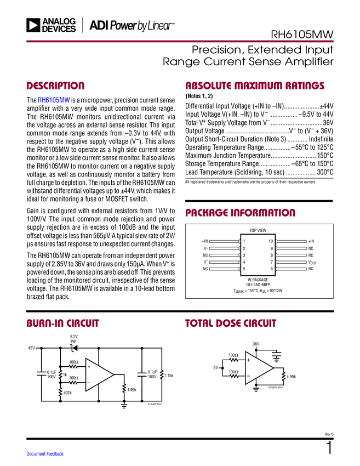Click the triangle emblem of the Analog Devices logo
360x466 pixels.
(33, 25)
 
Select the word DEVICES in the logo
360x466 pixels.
(59, 29)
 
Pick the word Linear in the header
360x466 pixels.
(158, 25)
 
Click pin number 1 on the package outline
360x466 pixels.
(244, 241)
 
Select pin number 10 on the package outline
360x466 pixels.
(271, 241)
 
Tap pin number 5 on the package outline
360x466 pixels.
(244, 269)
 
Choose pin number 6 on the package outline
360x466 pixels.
(272, 269)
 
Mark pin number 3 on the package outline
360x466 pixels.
(244, 255)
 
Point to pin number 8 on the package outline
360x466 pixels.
(272, 255)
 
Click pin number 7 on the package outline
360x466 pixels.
(272, 262)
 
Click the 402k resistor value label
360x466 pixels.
(67, 393)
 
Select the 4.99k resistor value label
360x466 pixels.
(132, 390)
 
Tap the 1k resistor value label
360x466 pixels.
(65, 374)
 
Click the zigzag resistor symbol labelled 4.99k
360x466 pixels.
(124, 389)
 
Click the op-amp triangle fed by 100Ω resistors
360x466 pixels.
(98, 375)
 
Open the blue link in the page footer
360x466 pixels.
(45, 453)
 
